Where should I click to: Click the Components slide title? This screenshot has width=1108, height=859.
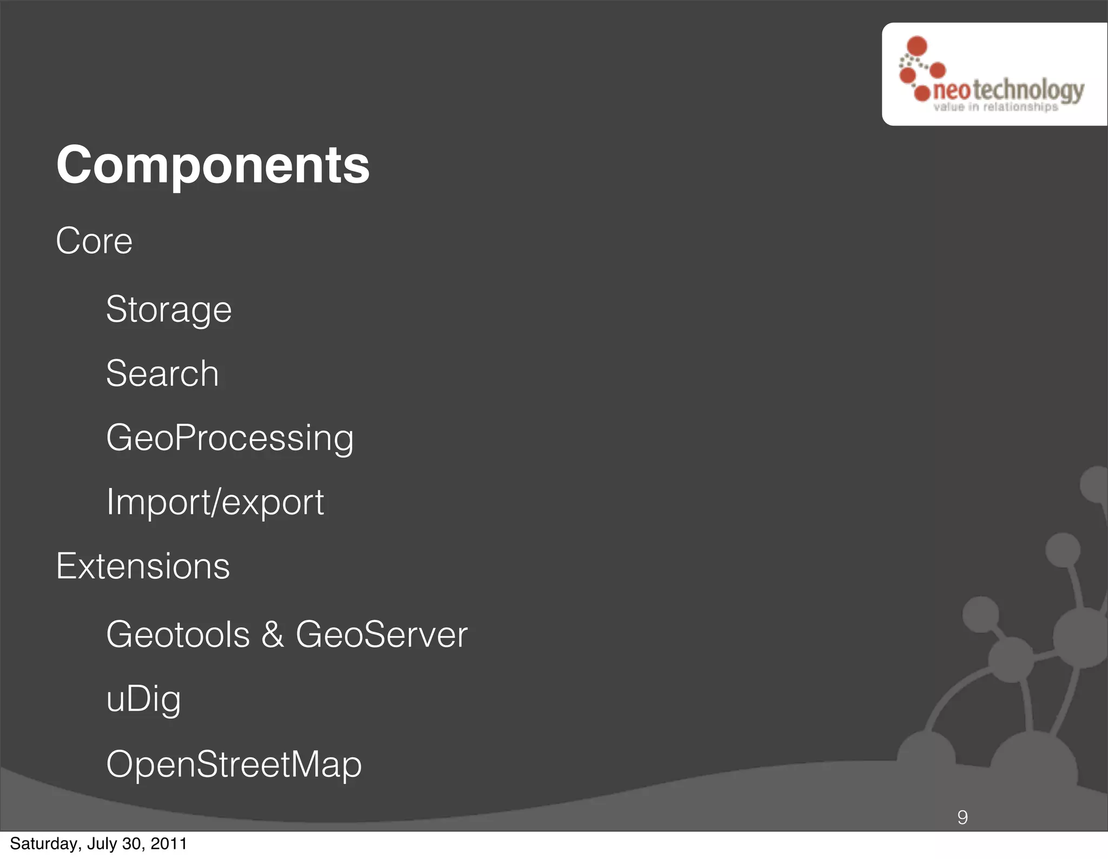tap(213, 165)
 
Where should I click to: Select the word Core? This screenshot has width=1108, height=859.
tap(94, 241)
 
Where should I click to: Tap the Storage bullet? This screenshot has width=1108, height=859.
tap(169, 310)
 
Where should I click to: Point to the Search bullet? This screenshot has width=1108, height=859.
tap(162, 374)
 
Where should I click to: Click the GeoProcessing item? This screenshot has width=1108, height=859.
tap(230, 438)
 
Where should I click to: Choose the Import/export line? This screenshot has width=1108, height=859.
tap(215, 503)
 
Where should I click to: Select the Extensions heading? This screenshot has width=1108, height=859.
tap(143, 566)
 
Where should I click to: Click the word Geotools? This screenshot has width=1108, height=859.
tap(178, 635)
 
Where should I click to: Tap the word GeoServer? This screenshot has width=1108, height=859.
tap(381, 635)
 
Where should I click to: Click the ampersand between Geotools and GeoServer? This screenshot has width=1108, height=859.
tap(273, 635)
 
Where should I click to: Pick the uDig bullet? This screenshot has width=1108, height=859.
tap(143, 699)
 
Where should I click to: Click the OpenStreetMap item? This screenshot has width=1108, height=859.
tap(234, 765)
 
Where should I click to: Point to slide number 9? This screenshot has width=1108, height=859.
tap(962, 817)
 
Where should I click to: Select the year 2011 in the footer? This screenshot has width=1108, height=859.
tap(169, 844)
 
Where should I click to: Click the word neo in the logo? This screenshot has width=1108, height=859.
tap(952, 91)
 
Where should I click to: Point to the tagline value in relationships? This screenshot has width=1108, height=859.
tap(995, 107)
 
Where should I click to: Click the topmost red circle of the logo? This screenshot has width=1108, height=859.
tap(917, 46)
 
